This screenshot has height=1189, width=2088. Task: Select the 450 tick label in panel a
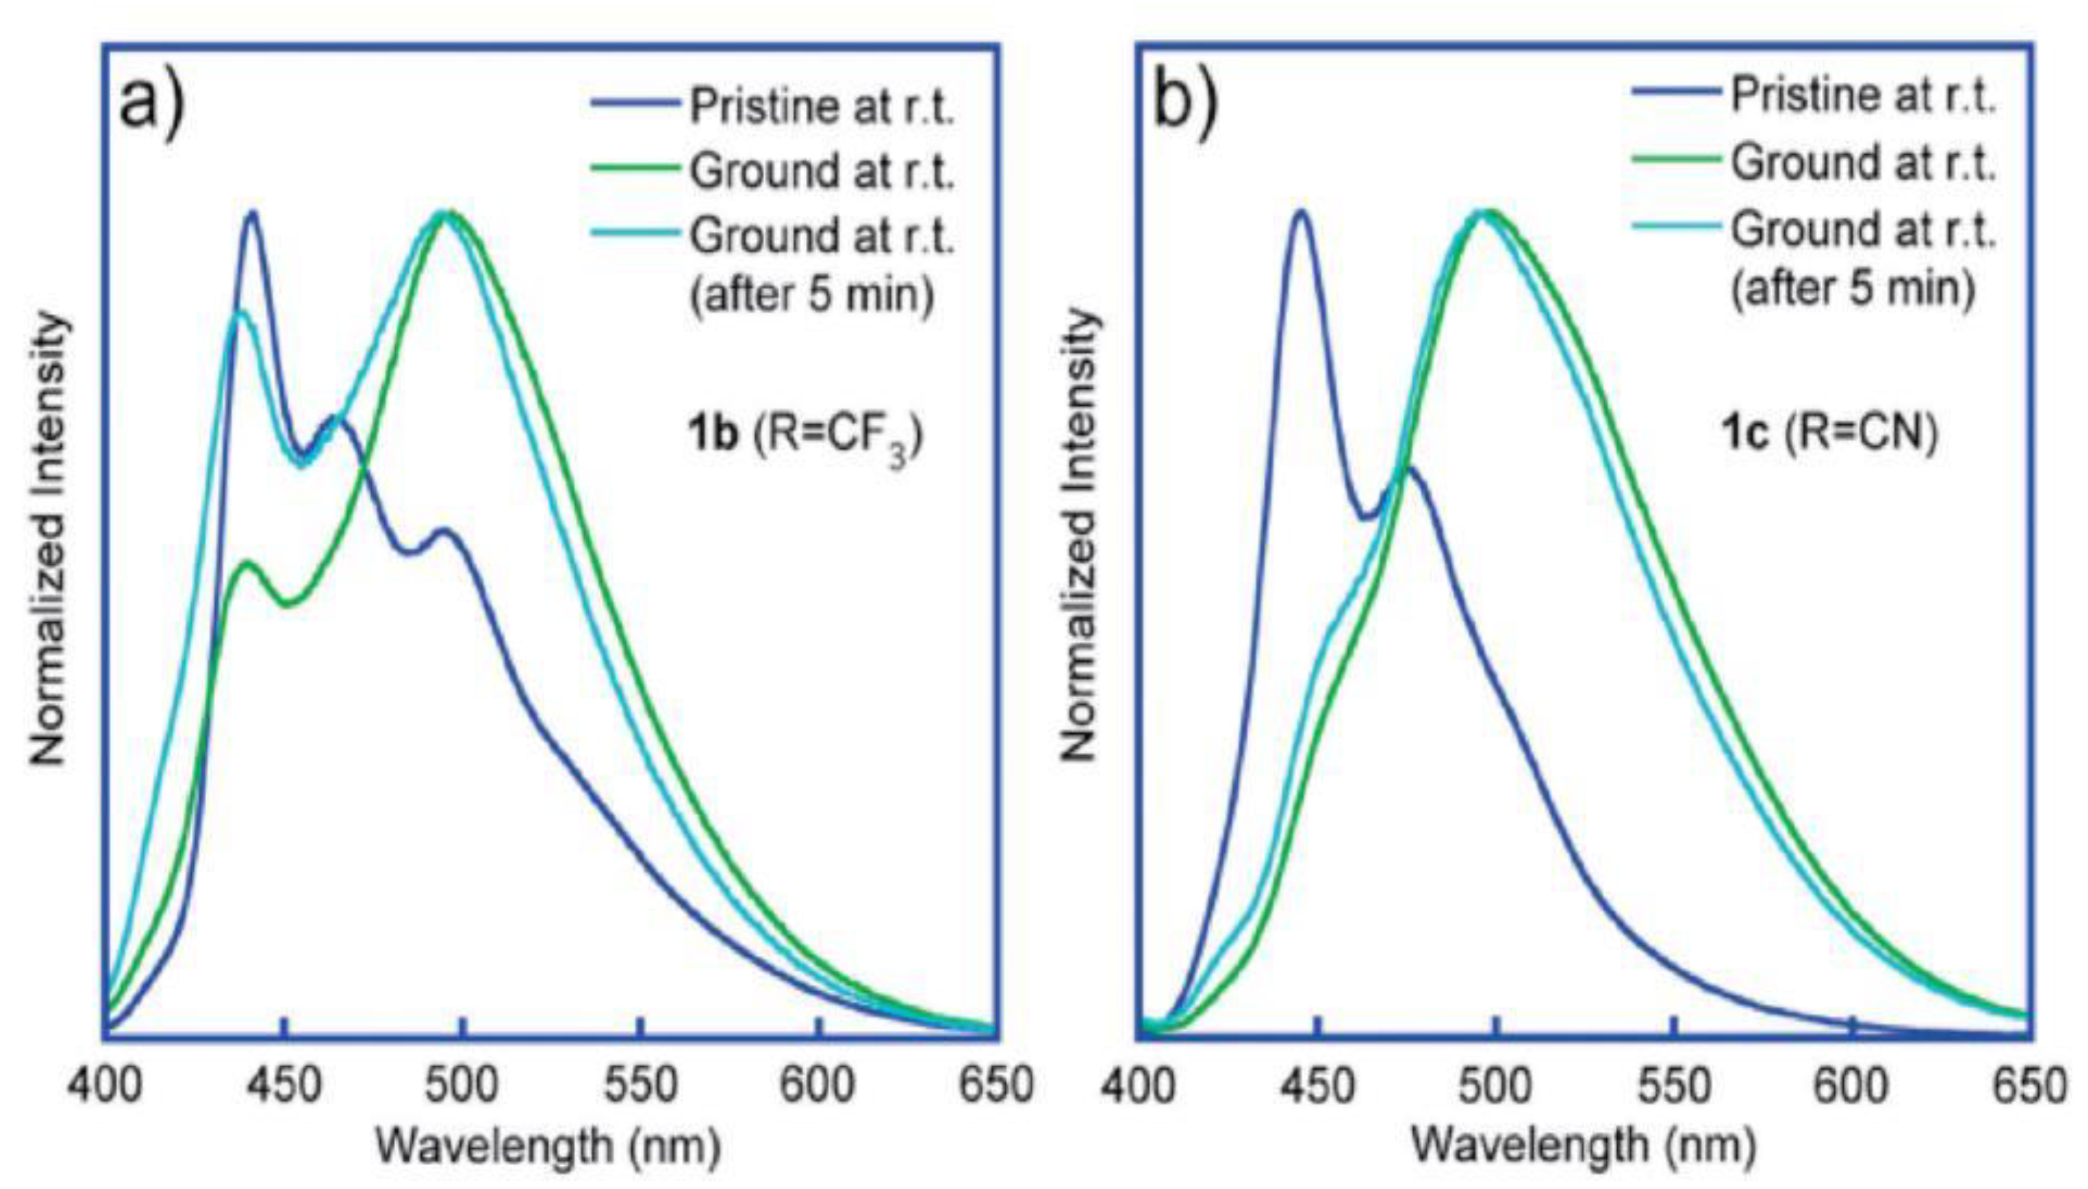click(283, 1085)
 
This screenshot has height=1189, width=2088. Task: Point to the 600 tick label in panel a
click(818, 1085)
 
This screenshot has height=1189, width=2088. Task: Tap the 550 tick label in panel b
click(1674, 1085)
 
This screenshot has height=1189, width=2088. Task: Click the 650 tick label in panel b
click(2031, 1085)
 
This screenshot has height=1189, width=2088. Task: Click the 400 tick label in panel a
click(104, 1085)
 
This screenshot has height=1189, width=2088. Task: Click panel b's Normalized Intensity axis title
click(1079, 535)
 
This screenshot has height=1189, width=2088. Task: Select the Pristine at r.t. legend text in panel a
click(822, 107)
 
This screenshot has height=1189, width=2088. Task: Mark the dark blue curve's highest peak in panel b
click(1300, 211)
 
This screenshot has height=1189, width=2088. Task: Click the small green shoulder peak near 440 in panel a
click(248, 563)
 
